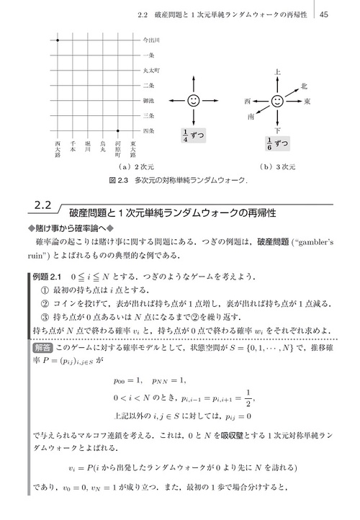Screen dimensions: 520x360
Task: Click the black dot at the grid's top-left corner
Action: click(58, 40)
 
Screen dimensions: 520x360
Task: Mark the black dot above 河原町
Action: click(118, 130)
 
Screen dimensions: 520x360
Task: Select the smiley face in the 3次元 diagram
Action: click(278, 101)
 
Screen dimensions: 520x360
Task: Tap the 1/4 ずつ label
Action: click(192, 134)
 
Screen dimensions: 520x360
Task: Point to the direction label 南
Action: click(250, 115)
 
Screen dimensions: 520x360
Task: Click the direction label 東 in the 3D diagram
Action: click(307, 102)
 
